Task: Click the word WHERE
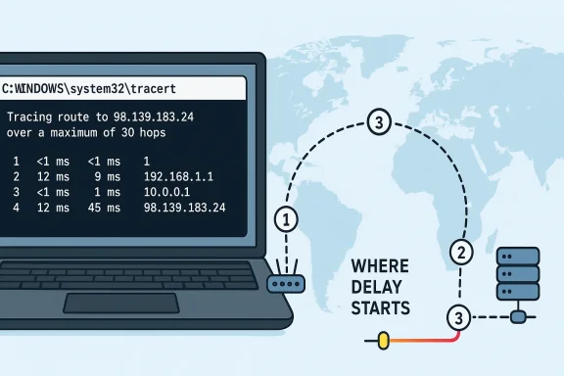coord(380,266)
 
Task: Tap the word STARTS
coord(382,308)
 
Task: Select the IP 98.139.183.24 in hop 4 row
coord(184,208)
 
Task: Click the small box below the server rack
coord(520,316)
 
